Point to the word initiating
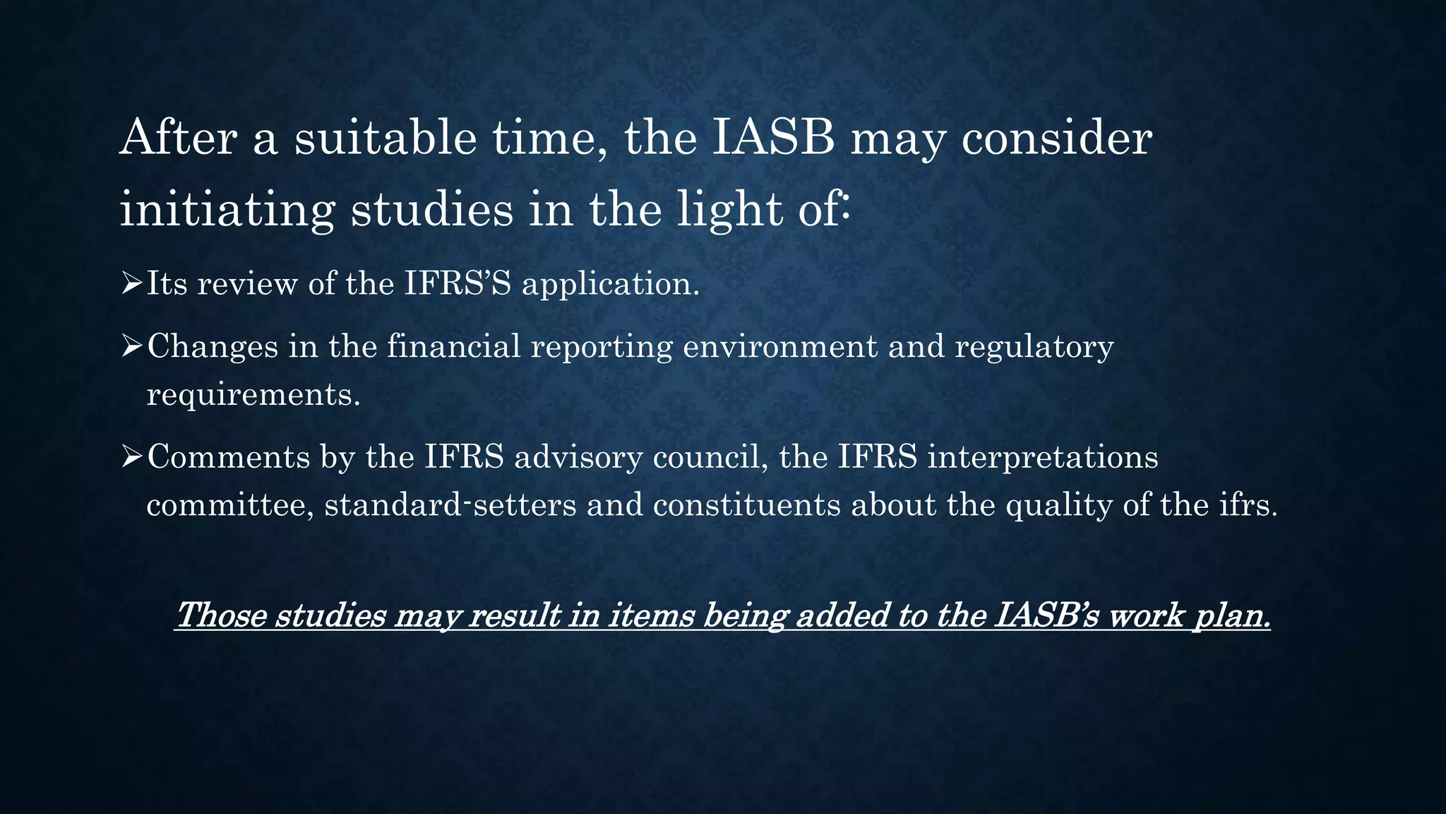tap(227, 210)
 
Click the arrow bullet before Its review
tap(131, 284)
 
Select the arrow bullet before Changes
tap(131, 346)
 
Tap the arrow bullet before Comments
tap(131, 457)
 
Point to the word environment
tap(779, 346)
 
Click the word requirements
tap(253, 395)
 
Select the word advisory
tap(578, 457)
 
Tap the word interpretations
tap(1042, 457)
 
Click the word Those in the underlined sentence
tap(220, 615)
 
